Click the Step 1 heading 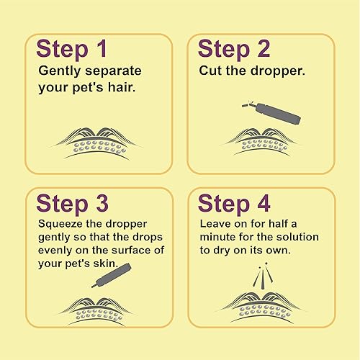[x=74, y=50]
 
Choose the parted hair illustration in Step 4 [x=261, y=302]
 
